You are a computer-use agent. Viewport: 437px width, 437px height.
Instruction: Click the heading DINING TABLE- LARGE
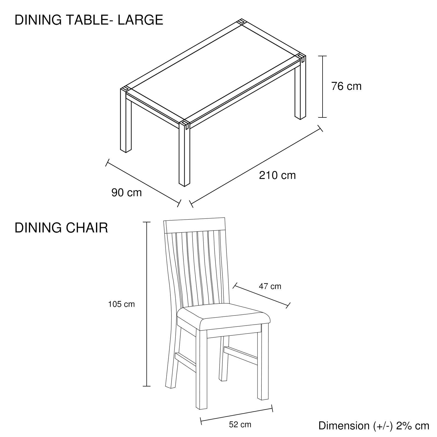89,20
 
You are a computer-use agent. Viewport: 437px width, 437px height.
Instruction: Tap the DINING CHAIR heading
61,228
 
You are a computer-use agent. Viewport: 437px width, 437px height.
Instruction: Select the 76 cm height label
346,86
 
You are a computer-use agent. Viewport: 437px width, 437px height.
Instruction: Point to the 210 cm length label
277,175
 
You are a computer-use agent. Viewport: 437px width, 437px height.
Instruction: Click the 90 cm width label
126,193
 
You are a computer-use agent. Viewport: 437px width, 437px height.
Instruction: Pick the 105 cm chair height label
122,304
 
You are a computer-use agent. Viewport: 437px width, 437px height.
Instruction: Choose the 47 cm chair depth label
270,286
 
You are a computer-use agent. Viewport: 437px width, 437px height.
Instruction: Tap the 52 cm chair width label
240,424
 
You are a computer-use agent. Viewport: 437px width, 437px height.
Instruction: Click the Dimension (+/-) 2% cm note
374,426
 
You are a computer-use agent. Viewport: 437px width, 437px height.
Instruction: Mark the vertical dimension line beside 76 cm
323,87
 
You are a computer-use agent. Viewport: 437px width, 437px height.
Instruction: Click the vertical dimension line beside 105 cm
147,304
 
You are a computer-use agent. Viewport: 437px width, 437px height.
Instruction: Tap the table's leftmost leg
126,120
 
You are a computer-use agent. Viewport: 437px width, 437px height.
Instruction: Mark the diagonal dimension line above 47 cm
261,296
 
